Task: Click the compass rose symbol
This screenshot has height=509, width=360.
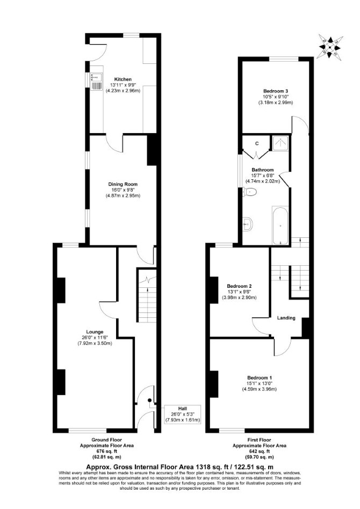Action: [x=330, y=47]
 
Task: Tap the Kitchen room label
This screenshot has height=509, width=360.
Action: [x=123, y=79]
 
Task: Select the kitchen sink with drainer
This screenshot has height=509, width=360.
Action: [x=97, y=81]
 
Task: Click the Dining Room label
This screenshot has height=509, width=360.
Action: [x=123, y=184]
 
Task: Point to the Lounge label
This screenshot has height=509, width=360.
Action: [x=95, y=332]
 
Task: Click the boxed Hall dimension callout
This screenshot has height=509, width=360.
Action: [x=183, y=414]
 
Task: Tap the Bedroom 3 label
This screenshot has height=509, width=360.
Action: [x=276, y=91]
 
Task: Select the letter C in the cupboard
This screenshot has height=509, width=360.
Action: [x=257, y=143]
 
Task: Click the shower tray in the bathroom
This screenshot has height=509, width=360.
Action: [x=280, y=143]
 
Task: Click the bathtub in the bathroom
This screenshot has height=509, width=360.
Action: [x=280, y=226]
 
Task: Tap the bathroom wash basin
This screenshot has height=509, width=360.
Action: [x=248, y=224]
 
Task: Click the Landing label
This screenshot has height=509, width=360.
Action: [x=286, y=318]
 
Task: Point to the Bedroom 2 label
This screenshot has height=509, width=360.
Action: [x=239, y=286]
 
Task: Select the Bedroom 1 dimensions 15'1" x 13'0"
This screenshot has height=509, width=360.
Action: [x=260, y=383]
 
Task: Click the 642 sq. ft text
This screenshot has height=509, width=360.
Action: [x=260, y=451]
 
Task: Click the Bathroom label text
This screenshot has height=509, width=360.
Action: [x=263, y=170]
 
